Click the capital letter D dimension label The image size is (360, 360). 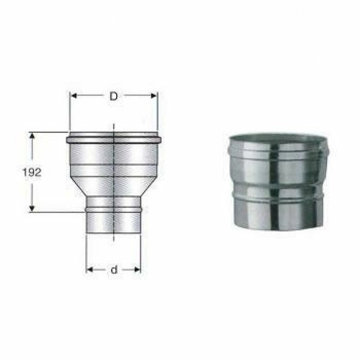click(113, 96)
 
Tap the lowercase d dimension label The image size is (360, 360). click(113, 269)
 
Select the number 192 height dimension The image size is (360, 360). click(32, 173)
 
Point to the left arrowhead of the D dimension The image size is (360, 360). click(73, 96)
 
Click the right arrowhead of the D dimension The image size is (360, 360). click(154, 96)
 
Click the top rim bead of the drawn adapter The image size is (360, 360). click(113, 139)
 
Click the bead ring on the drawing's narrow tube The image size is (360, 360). click(113, 209)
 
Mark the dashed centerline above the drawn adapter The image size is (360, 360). click(113, 129)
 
